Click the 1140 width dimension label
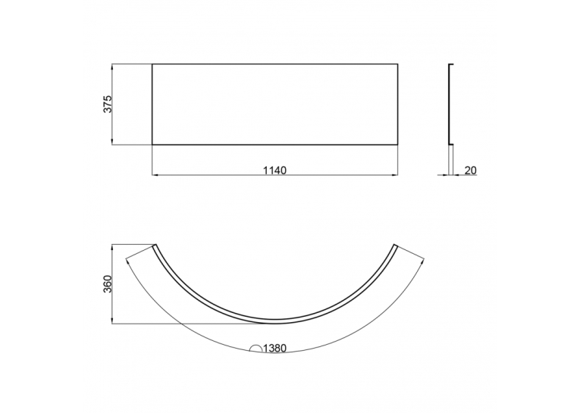tap(274, 171)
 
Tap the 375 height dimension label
tap(107, 105)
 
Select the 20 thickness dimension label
tap(470, 171)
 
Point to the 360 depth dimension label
tap(107, 284)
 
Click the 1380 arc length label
tap(274, 348)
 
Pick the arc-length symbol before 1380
tap(256, 348)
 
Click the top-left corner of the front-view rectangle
tap(152, 64)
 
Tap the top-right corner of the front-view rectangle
tap(397, 64)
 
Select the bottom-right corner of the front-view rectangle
tap(397, 144)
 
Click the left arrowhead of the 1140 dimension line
tap(155, 174)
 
